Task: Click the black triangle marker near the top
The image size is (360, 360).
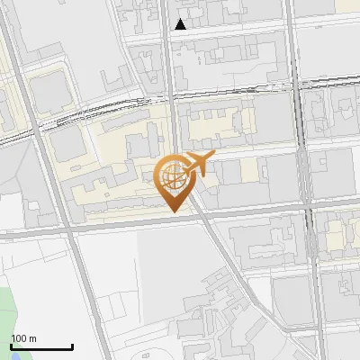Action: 181,24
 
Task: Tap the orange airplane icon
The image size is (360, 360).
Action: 198,165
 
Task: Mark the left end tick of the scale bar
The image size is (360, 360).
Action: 11,346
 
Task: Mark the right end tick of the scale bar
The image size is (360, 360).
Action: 72,346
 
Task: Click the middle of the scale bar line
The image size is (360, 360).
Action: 41,347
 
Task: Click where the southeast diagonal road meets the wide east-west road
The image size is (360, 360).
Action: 203,217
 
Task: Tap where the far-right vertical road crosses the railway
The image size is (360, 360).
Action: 300,85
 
